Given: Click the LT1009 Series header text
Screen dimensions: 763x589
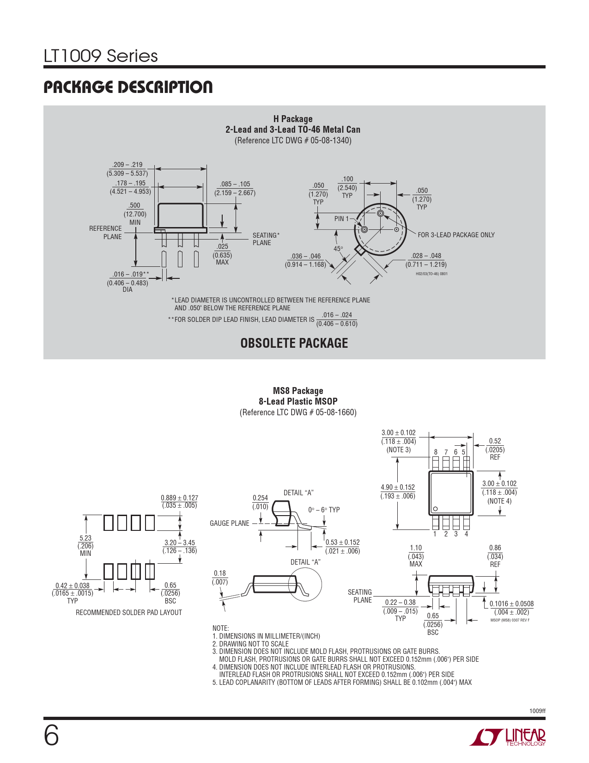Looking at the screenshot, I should click(x=101, y=56).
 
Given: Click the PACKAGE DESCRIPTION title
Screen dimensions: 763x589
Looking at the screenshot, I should click(x=128, y=87).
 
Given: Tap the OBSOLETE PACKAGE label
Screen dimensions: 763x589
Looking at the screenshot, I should click(x=294, y=343).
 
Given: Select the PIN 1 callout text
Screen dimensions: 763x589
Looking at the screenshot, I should click(x=341, y=219).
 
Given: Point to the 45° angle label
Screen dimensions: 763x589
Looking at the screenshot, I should click(x=338, y=249).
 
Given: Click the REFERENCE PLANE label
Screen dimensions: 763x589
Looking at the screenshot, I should click(x=106, y=233).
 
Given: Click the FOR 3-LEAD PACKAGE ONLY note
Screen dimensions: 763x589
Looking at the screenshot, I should click(x=456, y=235).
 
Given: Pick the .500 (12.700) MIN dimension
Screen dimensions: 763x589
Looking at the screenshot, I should click(x=134, y=214).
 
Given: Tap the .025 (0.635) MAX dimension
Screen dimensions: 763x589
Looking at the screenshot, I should click(x=222, y=254).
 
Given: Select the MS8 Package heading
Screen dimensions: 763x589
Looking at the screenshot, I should click(x=298, y=391).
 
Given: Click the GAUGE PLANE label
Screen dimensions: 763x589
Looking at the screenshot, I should click(x=230, y=523).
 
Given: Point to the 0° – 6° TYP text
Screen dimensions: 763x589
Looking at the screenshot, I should click(x=324, y=510).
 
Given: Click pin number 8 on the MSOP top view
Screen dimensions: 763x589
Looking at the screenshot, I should click(x=436, y=452).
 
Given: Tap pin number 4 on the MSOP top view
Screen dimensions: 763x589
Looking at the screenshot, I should click(x=467, y=534).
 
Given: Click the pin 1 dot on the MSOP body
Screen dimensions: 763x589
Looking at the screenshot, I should click(x=435, y=509).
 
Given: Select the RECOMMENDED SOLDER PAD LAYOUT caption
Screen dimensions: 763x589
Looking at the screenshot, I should click(x=128, y=613).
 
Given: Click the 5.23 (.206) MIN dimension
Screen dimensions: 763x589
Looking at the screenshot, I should click(x=85, y=546).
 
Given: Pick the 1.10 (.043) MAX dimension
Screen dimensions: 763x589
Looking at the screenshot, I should click(x=416, y=556).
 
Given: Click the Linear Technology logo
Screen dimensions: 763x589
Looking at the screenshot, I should click(x=508, y=737).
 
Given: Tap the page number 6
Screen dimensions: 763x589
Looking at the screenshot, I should click(x=51, y=736).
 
